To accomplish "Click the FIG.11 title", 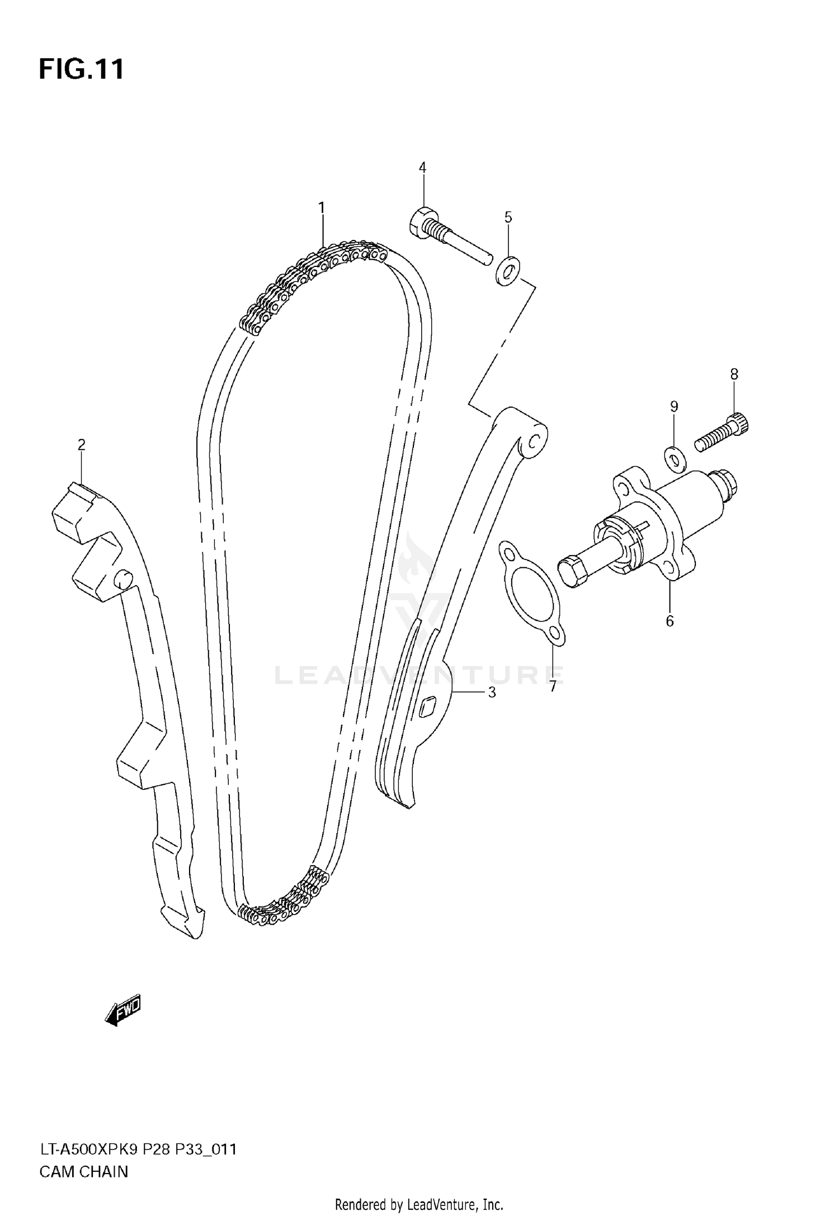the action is coord(82,70).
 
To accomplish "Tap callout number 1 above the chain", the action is coord(322,208).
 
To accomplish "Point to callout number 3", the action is coord(492,693).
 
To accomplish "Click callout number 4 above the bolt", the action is coord(422,167).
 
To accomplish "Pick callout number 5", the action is coord(508,217).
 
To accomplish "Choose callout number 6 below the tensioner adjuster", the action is coord(670,621).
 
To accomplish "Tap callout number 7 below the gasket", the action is coord(553,686).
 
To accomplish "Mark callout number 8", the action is coord(734,374).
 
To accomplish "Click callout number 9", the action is coord(674,407).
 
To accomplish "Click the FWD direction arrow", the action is coord(123,1010).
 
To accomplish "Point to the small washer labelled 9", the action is coord(674,458).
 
